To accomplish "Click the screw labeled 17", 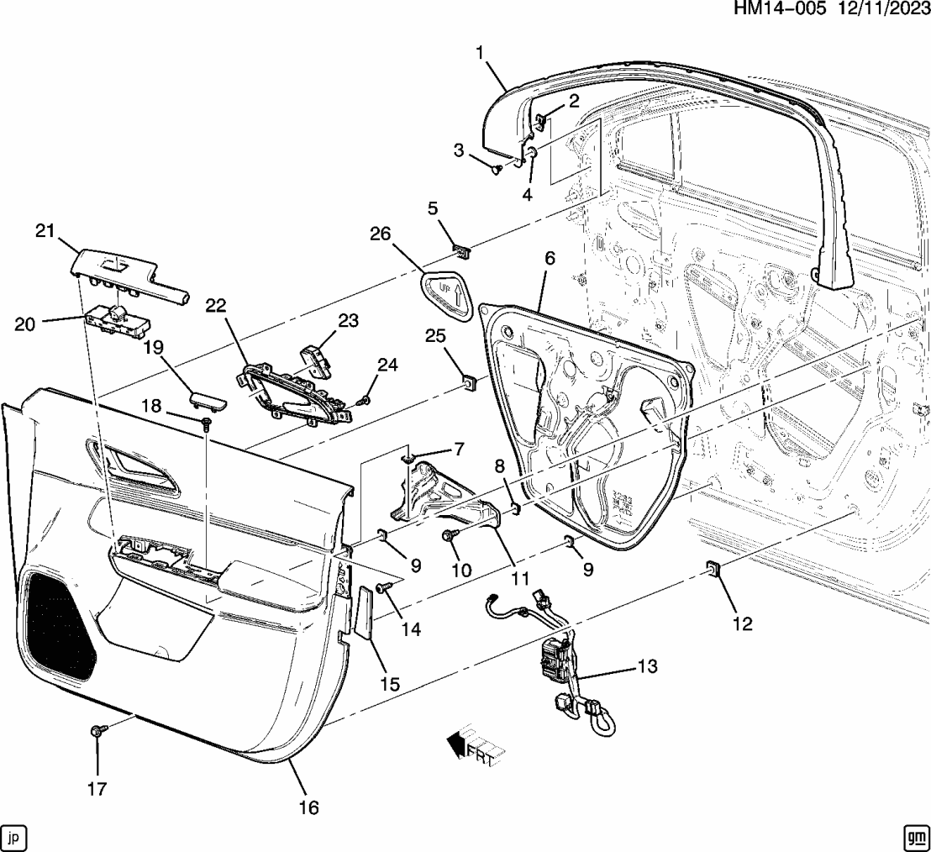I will [96, 733].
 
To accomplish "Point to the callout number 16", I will [308, 807].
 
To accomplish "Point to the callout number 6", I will [550, 260].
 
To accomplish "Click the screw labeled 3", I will [497, 170].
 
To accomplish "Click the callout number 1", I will [480, 54].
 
